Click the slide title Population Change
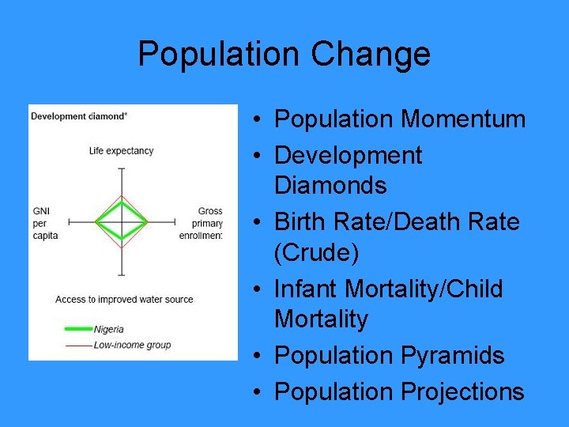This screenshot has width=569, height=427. point(284,54)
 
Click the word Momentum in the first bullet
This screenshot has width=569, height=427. point(463,119)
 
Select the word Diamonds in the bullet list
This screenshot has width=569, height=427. point(330,186)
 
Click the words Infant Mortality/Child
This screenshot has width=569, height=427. point(388,289)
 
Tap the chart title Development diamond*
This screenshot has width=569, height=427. point(79,116)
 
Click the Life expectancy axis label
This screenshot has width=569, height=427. point(121,151)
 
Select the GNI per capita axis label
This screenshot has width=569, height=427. point(45,223)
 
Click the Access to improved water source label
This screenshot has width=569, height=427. point(124,300)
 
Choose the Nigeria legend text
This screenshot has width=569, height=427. point(108,329)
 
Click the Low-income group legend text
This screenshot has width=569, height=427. point(132,345)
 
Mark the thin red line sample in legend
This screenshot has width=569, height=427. point(77,345)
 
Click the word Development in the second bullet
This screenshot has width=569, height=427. point(348,156)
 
